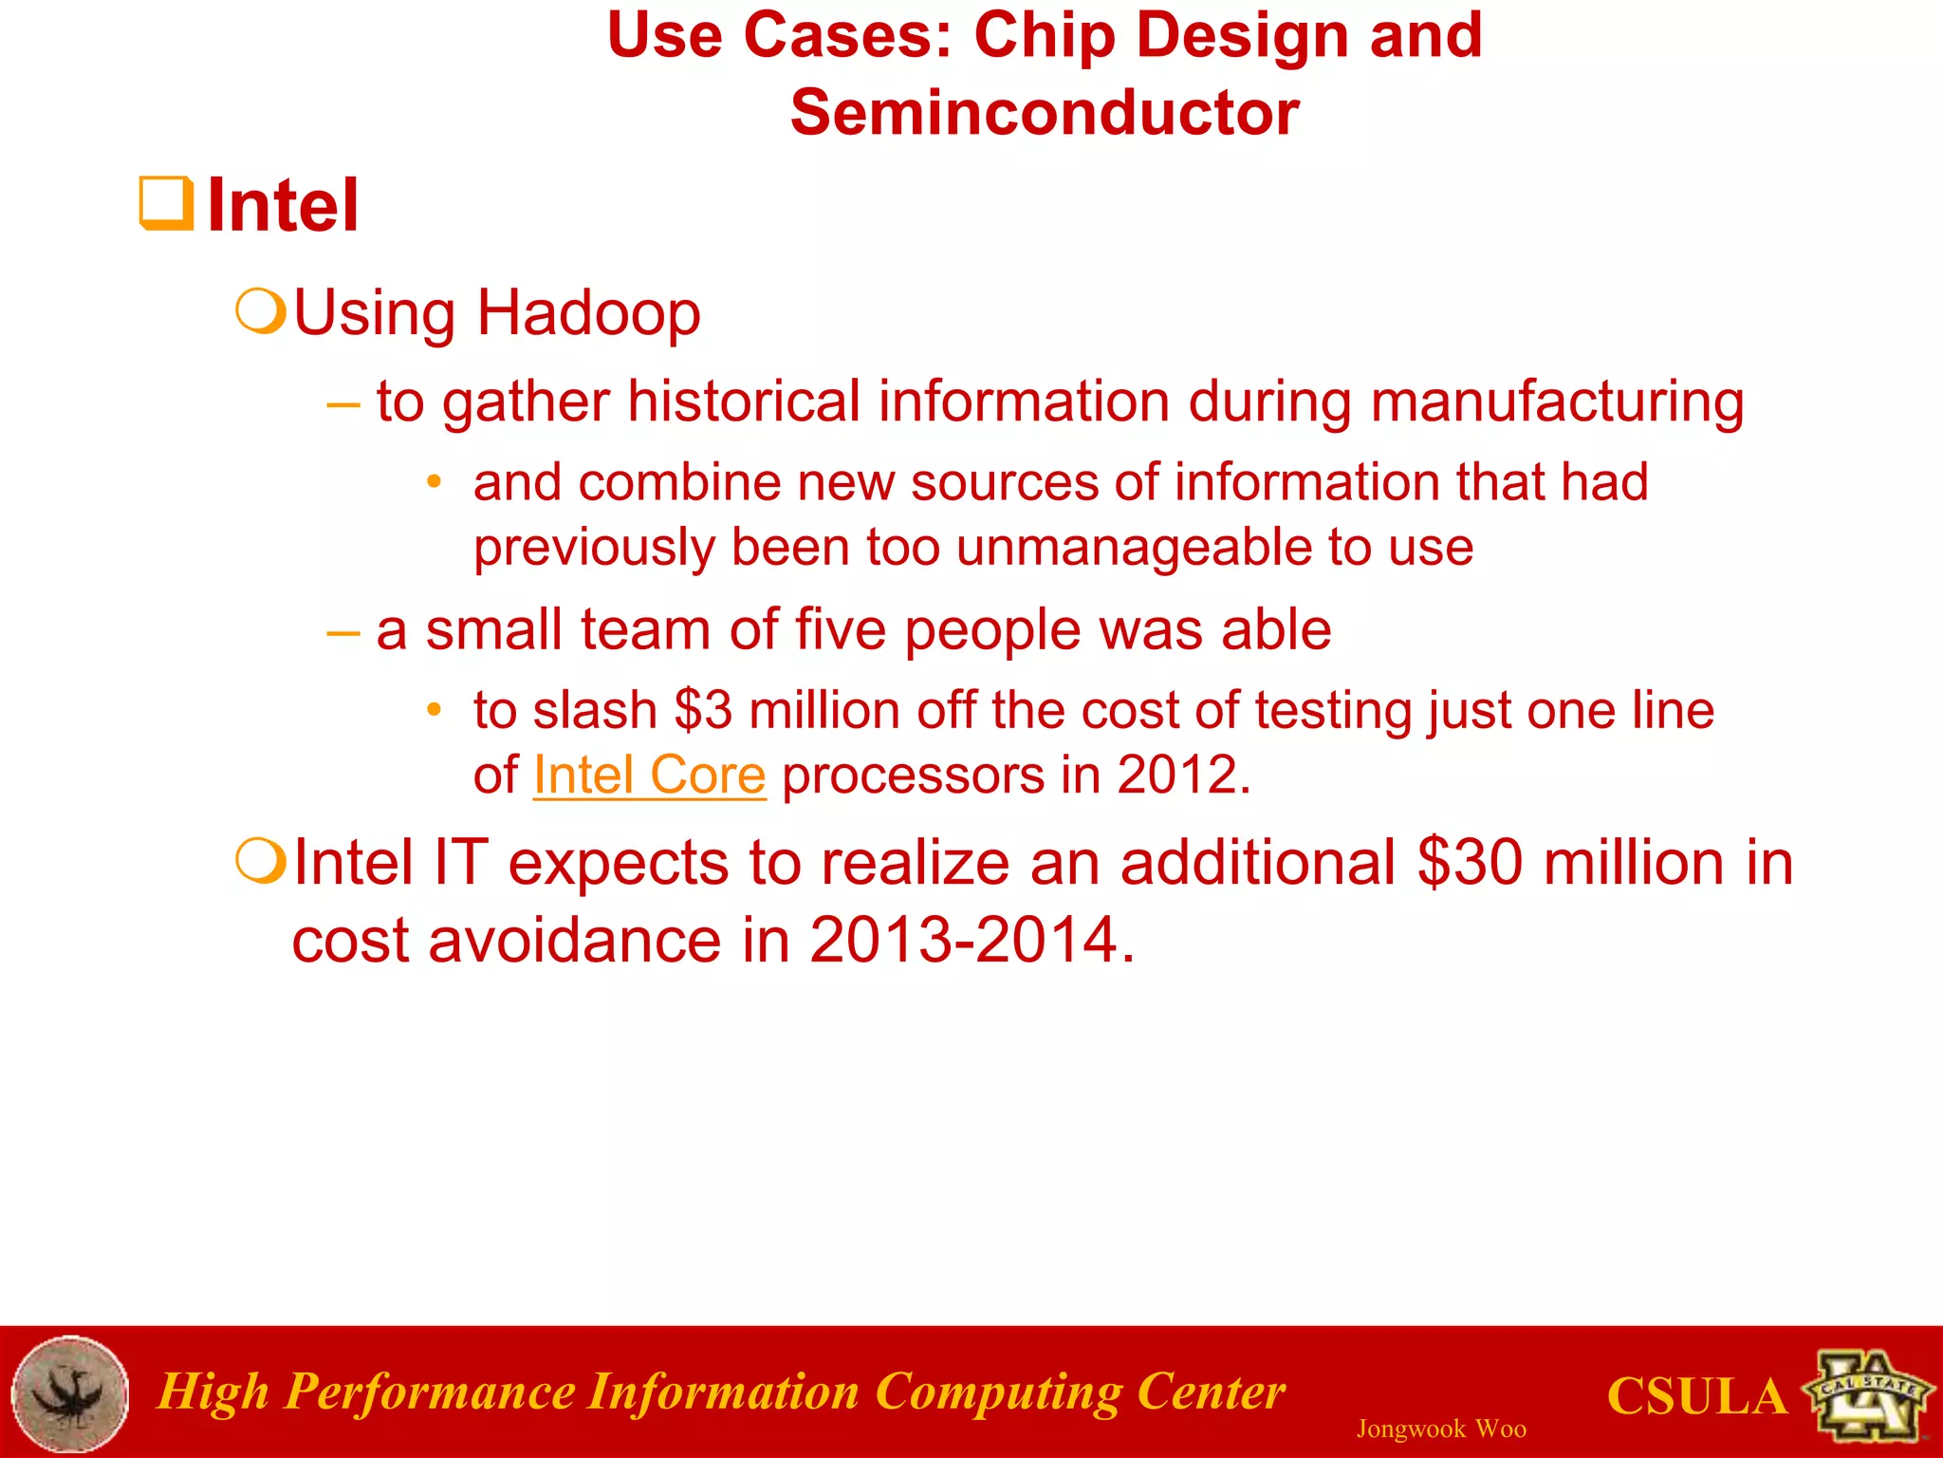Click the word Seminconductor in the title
tap(1045, 113)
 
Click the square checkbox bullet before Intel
tap(167, 203)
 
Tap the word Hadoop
tap(588, 313)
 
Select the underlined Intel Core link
tap(649, 776)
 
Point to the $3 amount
tap(703, 711)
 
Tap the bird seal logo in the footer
tap(70, 1393)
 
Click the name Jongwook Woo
tap(1440, 1429)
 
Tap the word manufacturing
tap(1557, 402)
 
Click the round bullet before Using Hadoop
tap(260, 311)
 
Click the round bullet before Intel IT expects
tap(260, 861)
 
